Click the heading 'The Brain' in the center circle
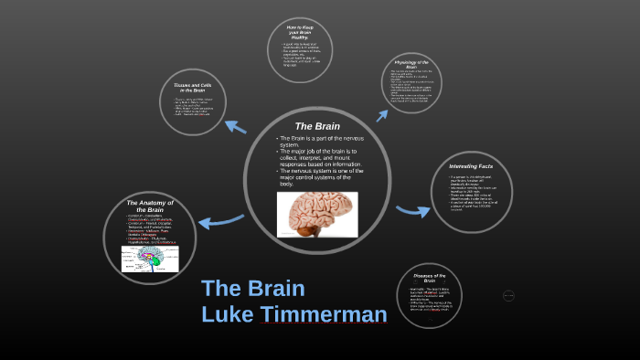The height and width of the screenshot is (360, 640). [317, 125]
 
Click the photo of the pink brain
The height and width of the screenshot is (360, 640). [317, 215]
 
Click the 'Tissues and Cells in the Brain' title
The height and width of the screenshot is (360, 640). [191, 88]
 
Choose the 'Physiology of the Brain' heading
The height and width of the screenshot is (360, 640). [411, 64]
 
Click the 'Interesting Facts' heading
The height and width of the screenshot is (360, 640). [471, 166]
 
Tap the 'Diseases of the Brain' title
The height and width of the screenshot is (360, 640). [429, 278]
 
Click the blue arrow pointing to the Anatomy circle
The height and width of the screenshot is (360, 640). [221, 221]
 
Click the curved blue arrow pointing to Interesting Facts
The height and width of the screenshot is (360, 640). [412, 210]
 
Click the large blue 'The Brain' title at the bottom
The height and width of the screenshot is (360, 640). [252, 289]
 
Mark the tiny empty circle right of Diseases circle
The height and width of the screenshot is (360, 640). [508, 294]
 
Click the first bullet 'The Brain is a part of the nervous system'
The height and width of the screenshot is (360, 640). [319, 141]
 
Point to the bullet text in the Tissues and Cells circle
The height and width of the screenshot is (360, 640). [191, 109]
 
